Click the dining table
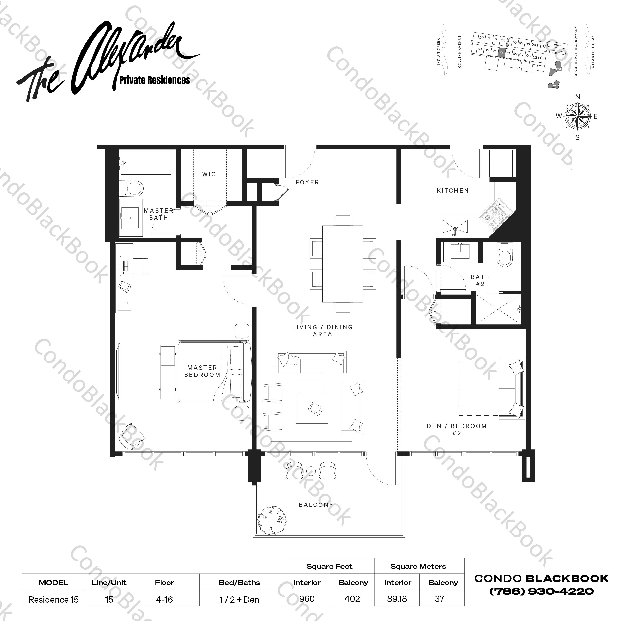click(x=343, y=264)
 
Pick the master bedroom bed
click(x=214, y=372)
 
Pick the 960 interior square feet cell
click(x=307, y=599)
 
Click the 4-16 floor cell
click(x=164, y=600)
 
